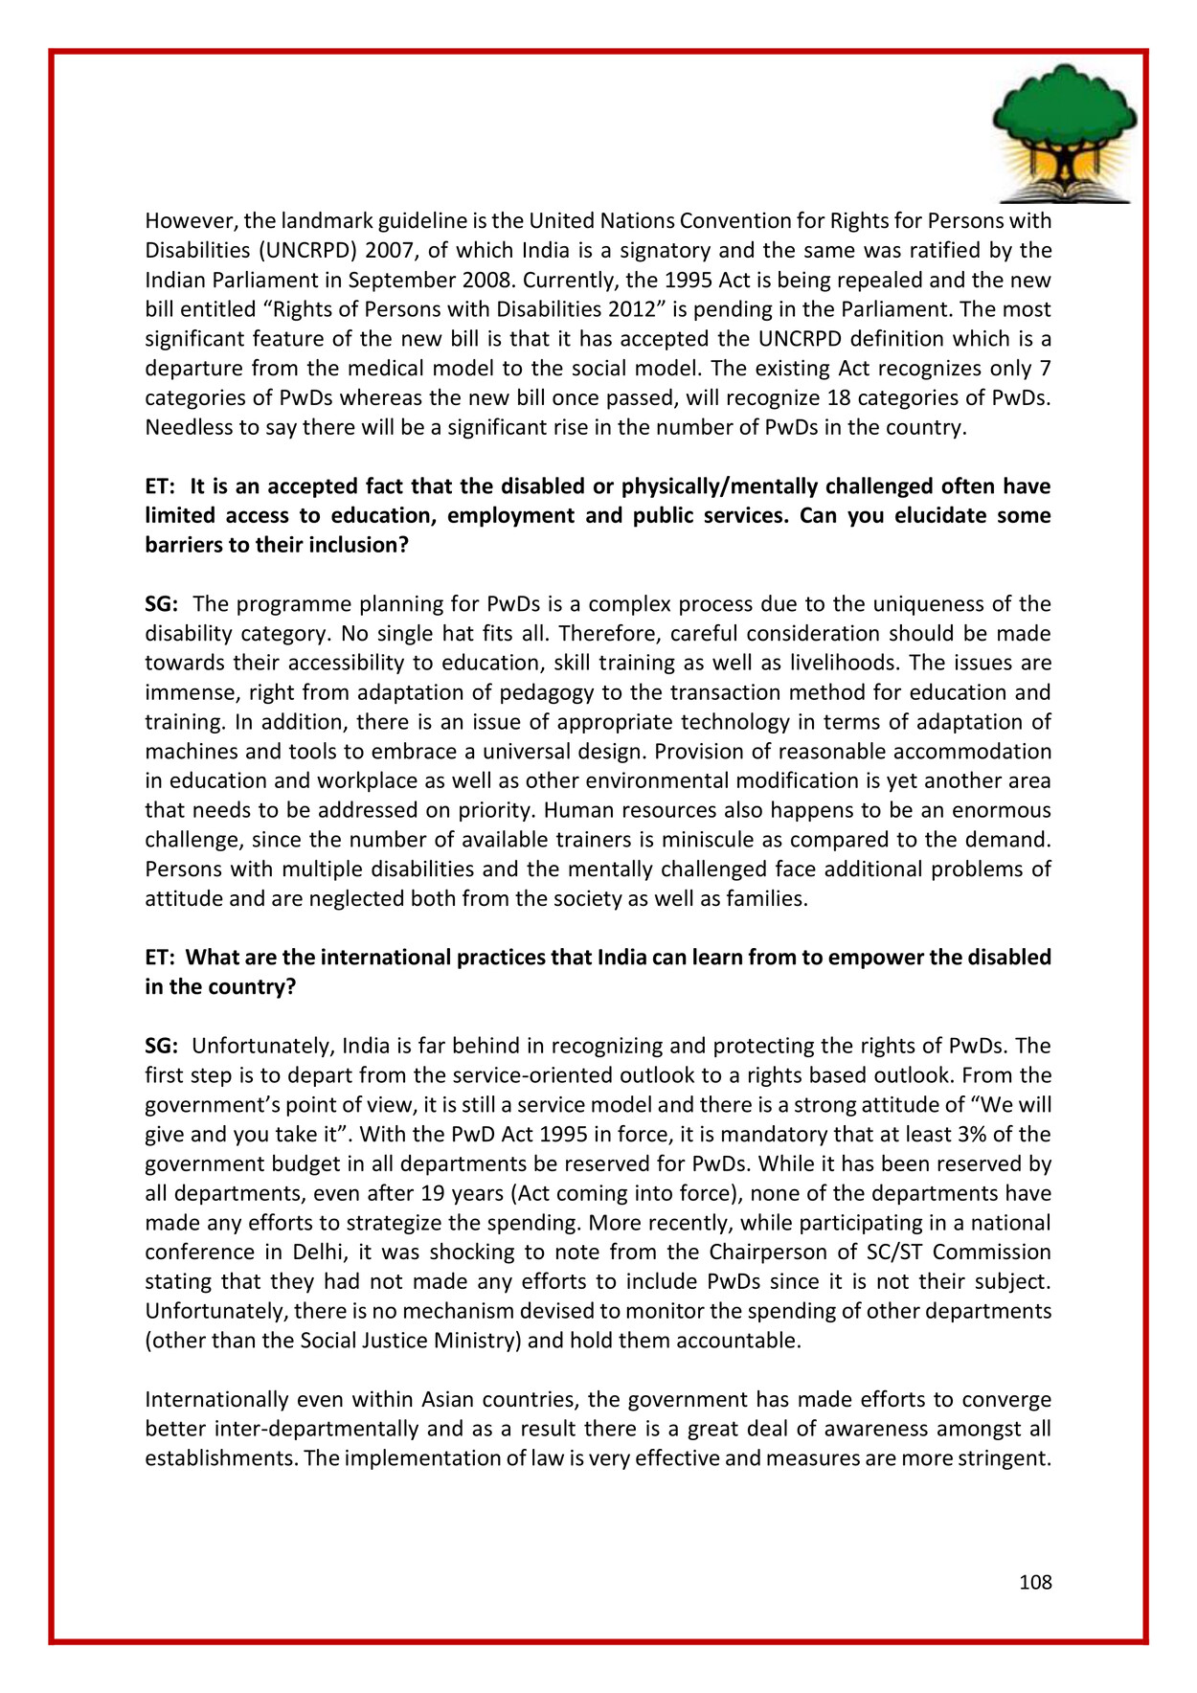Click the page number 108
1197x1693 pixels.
(x=1035, y=1582)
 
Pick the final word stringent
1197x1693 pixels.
(x=1004, y=1458)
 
